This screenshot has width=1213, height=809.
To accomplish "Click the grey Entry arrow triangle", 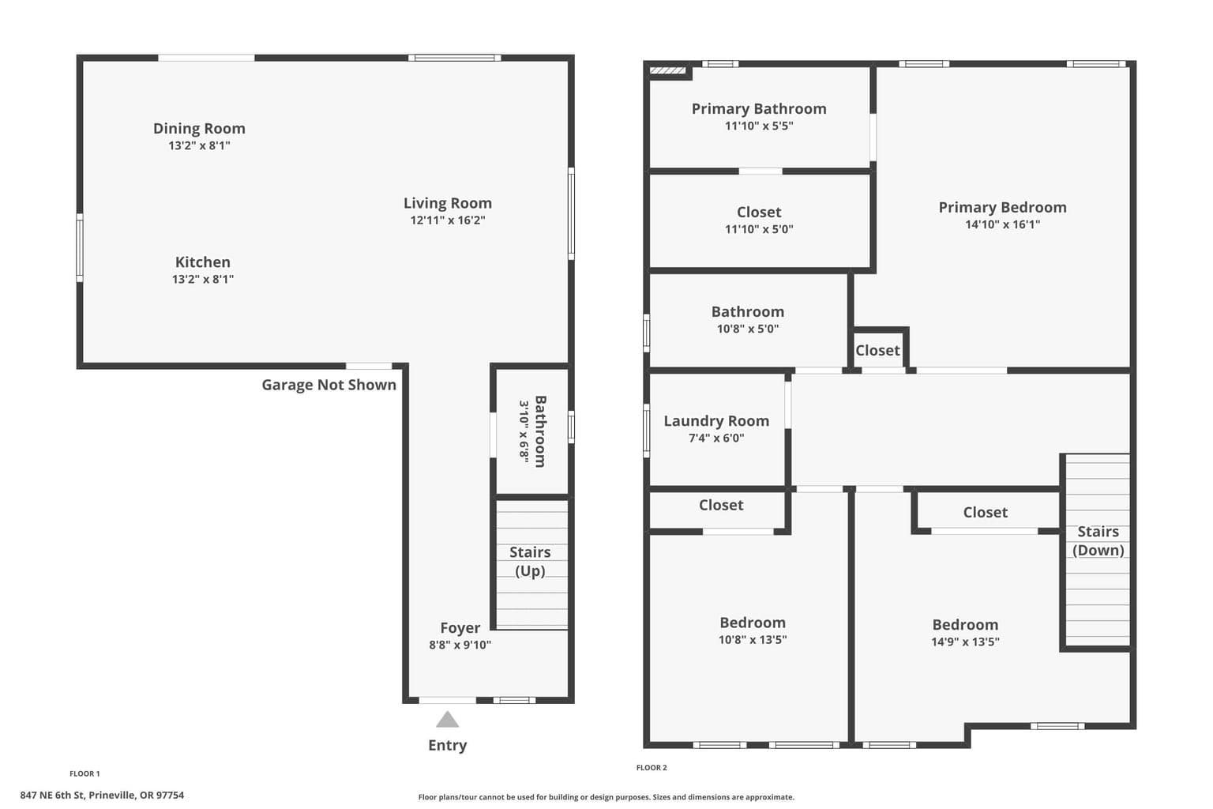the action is click(447, 720).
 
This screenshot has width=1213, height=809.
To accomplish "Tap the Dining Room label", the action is click(199, 129).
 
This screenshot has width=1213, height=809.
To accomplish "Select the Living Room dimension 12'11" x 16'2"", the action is click(447, 220).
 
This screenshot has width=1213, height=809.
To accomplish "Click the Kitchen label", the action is click(202, 262).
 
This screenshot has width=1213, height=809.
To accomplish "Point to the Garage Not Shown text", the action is click(329, 385).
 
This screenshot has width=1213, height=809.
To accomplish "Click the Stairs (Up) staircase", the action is click(531, 564).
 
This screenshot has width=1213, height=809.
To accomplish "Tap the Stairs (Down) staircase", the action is click(1098, 550).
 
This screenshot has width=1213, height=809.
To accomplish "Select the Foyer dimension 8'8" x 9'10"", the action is click(460, 645).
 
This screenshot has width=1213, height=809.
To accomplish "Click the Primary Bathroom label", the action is click(759, 109).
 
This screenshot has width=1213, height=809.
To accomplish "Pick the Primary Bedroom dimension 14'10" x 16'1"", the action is click(1002, 224).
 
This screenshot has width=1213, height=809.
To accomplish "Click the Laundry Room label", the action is click(716, 421).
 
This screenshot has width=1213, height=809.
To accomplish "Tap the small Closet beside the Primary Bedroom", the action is click(878, 351).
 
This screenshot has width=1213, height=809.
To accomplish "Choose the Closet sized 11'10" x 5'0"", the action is click(759, 221).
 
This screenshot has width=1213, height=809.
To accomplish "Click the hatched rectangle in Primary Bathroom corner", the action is click(667, 70).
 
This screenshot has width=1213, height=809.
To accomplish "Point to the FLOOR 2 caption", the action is click(652, 767).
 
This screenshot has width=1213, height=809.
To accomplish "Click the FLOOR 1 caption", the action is click(84, 773).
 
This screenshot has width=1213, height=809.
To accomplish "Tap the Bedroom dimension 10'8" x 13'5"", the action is click(752, 639).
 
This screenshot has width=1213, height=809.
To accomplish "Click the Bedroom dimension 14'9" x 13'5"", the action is click(965, 642).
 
